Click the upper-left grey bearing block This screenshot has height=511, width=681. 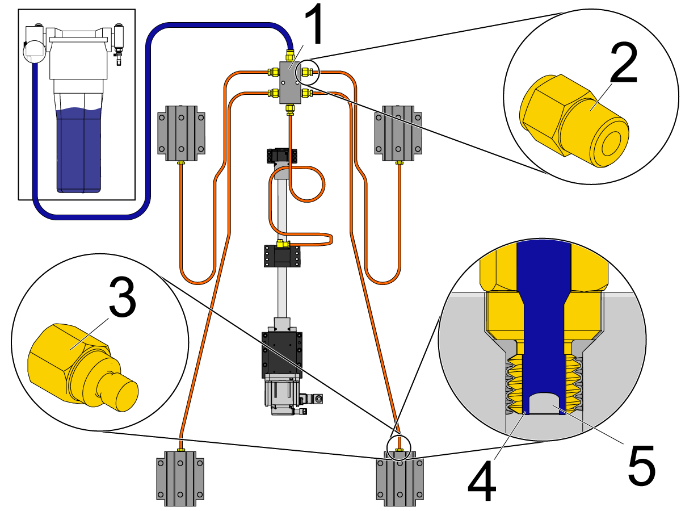[181, 133]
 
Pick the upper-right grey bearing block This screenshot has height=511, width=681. [399, 133]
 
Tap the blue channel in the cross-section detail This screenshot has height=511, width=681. [544, 318]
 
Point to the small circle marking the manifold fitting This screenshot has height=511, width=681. [309, 72]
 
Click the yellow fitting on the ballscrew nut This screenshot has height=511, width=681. [280, 244]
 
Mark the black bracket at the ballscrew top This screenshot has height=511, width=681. [282, 156]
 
